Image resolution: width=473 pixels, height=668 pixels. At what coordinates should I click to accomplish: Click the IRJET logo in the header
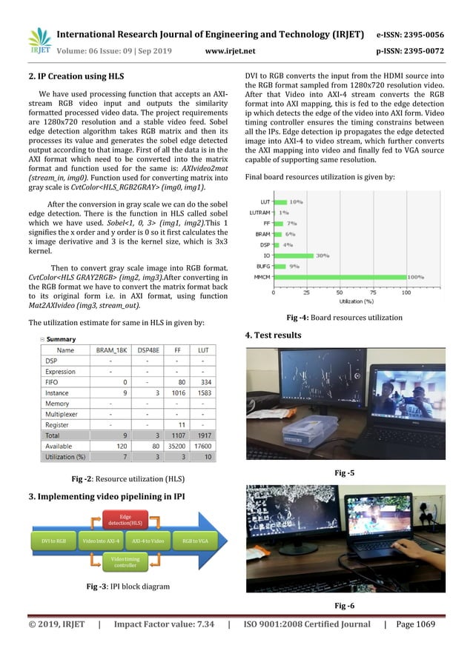click(39, 41)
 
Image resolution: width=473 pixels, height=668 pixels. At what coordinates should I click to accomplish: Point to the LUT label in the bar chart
click(265, 201)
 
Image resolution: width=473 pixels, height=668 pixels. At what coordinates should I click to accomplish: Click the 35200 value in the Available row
click(152, 448)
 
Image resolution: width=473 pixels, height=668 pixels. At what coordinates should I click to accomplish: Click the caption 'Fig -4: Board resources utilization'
click(344, 318)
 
